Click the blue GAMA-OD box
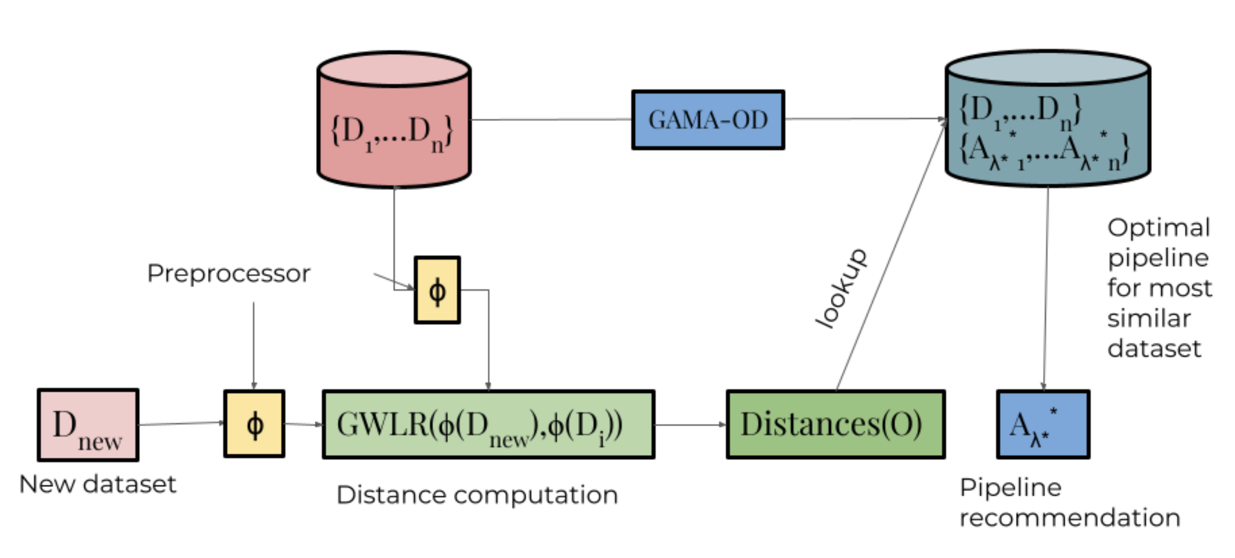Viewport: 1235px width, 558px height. [x=708, y=120]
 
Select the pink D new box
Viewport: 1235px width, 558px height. [x=88, y=425]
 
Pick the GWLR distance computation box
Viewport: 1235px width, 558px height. [x=488, y=424]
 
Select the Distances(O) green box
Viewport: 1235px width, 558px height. [x=836, y=424]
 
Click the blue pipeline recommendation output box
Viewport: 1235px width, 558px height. [x=1043, y=424]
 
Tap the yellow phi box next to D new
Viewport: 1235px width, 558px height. [x=254, y=424]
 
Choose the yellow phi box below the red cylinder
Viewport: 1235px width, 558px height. [x=437, y=290]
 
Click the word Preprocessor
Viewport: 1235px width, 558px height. [x=229, y=274]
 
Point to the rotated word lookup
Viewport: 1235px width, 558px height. [x=841, y=289]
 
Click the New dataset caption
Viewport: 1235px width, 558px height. [x=98, y=484]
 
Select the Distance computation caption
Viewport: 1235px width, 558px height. [x=477, y=495]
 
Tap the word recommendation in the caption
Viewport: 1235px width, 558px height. [x=1070, y=518]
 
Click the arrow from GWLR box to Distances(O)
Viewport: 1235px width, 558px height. [x=691, y=424]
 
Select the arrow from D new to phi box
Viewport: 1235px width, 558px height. [x=181, y=423]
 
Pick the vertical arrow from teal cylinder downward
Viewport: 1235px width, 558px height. [x=1046, y=289]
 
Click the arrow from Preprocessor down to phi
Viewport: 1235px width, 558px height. [x=254, y=346]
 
